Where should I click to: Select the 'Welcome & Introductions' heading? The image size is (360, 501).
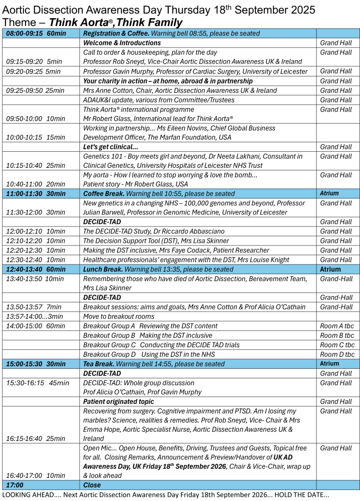click(122, 43)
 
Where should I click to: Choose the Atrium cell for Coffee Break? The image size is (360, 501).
click(329, 193)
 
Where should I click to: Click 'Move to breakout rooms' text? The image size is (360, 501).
click(119, 317)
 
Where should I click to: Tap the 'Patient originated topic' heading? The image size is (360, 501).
click(119, 402)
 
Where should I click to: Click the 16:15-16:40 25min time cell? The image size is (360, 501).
click(35, 438)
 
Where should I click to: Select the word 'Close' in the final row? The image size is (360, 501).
click(92, 485)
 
